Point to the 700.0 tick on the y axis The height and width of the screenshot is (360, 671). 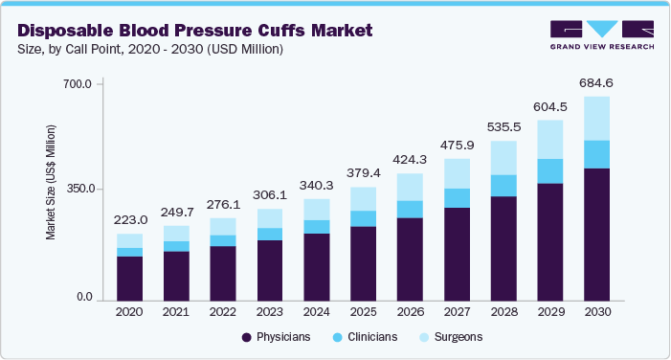78,84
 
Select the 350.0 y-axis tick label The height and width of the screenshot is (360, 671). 78,190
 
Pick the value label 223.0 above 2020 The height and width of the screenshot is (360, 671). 129,219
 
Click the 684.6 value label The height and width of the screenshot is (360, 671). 597,82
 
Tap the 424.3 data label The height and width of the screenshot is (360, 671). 410,160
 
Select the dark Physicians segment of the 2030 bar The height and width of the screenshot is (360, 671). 597,234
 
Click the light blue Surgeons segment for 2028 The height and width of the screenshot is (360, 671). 503,158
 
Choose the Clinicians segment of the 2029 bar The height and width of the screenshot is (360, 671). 550,170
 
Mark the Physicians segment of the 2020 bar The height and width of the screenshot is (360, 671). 129,278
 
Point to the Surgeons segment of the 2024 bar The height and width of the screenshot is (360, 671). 317,209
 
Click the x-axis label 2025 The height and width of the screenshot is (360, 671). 363,312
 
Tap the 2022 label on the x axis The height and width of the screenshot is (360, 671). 222,312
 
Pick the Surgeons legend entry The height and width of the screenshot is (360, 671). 453,338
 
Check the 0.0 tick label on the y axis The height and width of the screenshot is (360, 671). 83,299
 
